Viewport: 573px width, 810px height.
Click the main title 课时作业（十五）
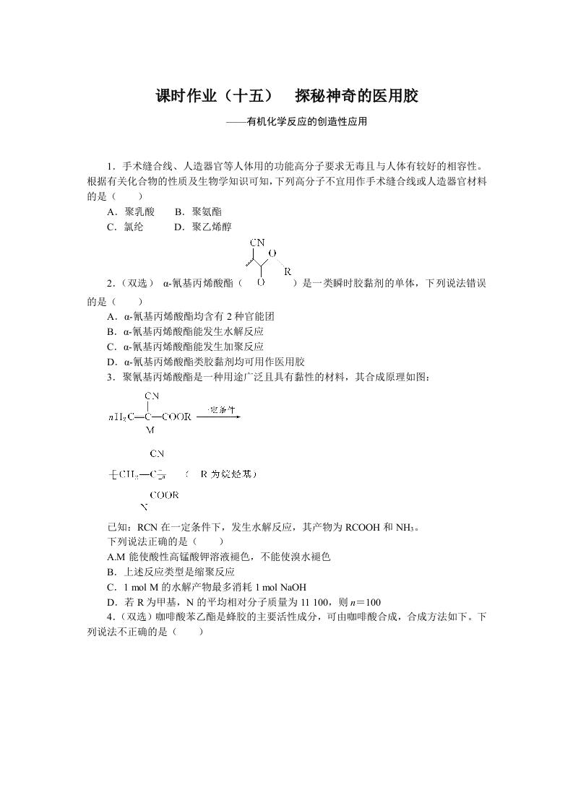(x=215, y=96)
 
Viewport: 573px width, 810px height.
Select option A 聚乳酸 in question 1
(x=131, y=212)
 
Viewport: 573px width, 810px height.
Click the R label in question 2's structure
(x=287, y=272)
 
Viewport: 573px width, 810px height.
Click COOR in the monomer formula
(x=176, y=417)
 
